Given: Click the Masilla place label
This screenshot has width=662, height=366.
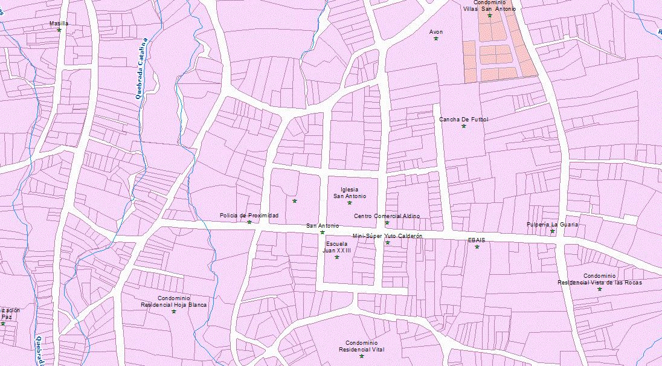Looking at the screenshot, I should pos(59,23).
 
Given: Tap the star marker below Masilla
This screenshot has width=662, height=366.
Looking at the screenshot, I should pos(59,30).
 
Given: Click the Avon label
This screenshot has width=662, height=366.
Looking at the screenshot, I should pos(435,31).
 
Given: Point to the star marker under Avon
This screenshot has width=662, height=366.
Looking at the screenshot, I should pos(435,39).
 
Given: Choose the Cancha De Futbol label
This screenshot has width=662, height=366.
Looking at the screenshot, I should pos(463,119).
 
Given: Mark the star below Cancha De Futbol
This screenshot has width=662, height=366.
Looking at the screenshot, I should pos(464,126).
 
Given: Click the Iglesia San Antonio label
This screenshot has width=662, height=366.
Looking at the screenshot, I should pos(350,193).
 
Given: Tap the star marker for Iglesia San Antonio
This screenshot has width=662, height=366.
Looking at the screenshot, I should pos(350,203).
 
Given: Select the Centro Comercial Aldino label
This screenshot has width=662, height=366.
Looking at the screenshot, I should pos(387,216).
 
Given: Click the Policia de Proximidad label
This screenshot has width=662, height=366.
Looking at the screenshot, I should pos(249,215).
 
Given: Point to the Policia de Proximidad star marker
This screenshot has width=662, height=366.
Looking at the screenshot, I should pos(249,222).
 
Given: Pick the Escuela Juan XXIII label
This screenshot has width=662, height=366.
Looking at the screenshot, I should pos(336,247).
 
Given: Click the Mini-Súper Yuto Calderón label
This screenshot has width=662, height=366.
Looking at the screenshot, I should pos(387,236).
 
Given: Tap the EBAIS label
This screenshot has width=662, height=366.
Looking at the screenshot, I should pos(476,240).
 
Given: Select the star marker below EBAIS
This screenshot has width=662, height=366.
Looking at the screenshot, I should pos(477,246).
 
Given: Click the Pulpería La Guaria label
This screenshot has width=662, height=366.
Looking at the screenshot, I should pos(552,224).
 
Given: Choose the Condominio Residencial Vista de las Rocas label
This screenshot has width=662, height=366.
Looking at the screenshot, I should pos(599,279).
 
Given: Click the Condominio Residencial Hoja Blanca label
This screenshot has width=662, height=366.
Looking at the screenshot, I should pos(173,301).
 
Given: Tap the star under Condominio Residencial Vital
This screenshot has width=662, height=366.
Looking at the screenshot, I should pos(361,356).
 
